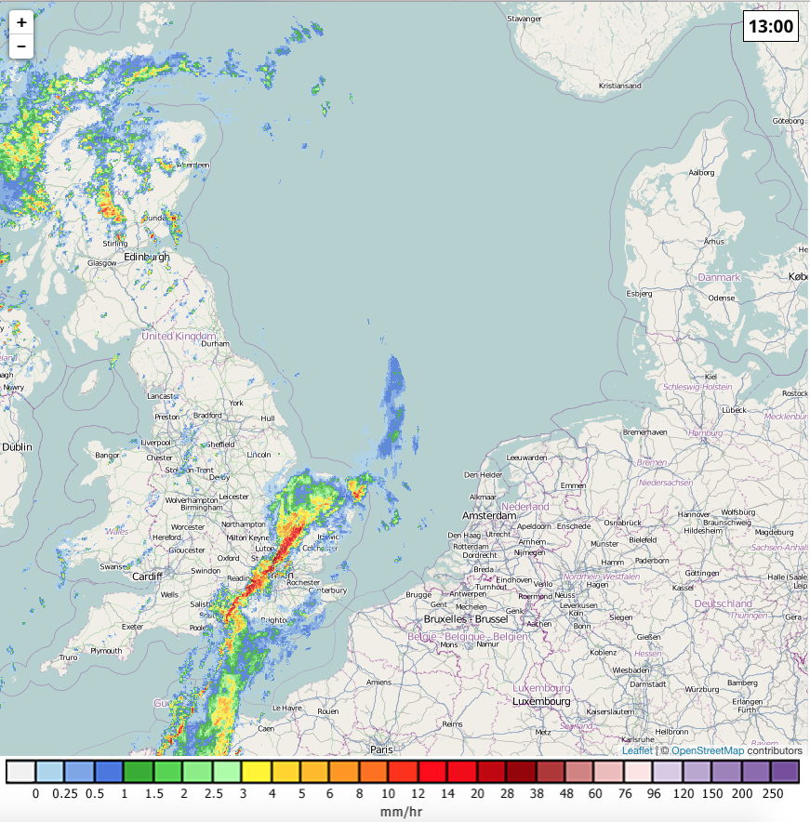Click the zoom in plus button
coord(21,22)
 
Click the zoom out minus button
coord(21,46)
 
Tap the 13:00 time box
coord(771,26)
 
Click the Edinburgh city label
coord(147,257)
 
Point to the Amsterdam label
coord(489,515)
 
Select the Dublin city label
coord(17,447)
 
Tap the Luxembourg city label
coord(541,701)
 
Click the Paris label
coord(381,749)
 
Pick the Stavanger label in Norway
coord(524,19)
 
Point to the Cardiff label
coord(147,576)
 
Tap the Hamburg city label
coord(707,433)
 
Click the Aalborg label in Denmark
coord(700,172)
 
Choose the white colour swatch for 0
coord(20,772)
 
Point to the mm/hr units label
coord(403,812)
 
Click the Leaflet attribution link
coord(637,750)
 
